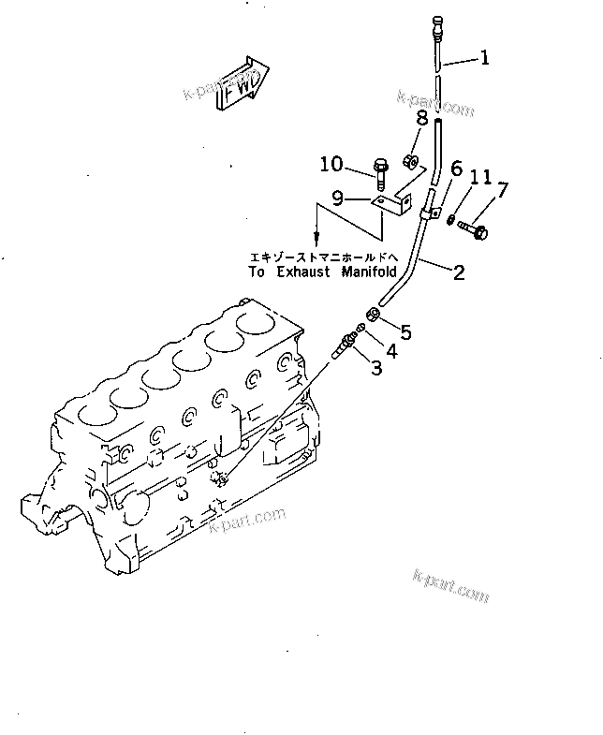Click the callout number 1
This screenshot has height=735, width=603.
pyautogui.click(x=484, y=59)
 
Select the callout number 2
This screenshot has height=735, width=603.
pyautogui.click(x=459, y=272)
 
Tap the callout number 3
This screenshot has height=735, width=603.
pyautogui.click(x=376, y=368)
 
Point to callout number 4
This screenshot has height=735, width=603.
pyautogui.click(x=391, y=352)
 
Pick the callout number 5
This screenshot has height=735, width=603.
pyautogui.click(x=405, y=331)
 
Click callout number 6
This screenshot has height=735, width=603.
pyautogui.click(x=456, y=169)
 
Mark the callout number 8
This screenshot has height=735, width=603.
pyautogui.click(x=422, y=119)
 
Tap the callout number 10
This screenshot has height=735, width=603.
pyautogui.click(x=331, y=166)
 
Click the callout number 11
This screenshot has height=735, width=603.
pyautogui.click(x=479, y=177)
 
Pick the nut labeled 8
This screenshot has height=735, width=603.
pyautogui.click(x=410, y=160)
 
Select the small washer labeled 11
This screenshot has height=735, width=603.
pyautogui.click(x=450, y=220)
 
